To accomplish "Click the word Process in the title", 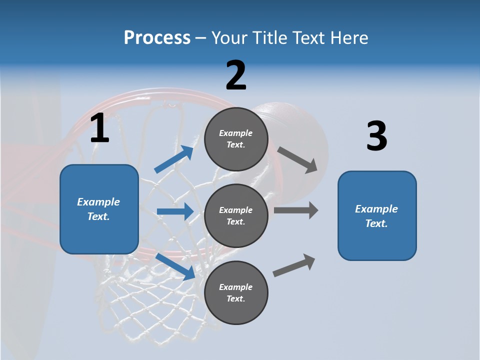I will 157,38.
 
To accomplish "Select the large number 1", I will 99,128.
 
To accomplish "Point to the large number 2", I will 236,75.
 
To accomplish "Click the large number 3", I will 376,136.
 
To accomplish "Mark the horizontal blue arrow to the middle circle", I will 175,211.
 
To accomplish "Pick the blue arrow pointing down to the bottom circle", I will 175,266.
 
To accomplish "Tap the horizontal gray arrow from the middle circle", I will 296,210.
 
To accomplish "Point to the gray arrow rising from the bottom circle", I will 294,265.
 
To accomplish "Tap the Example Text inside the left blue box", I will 98,209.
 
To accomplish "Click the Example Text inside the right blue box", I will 376,216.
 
